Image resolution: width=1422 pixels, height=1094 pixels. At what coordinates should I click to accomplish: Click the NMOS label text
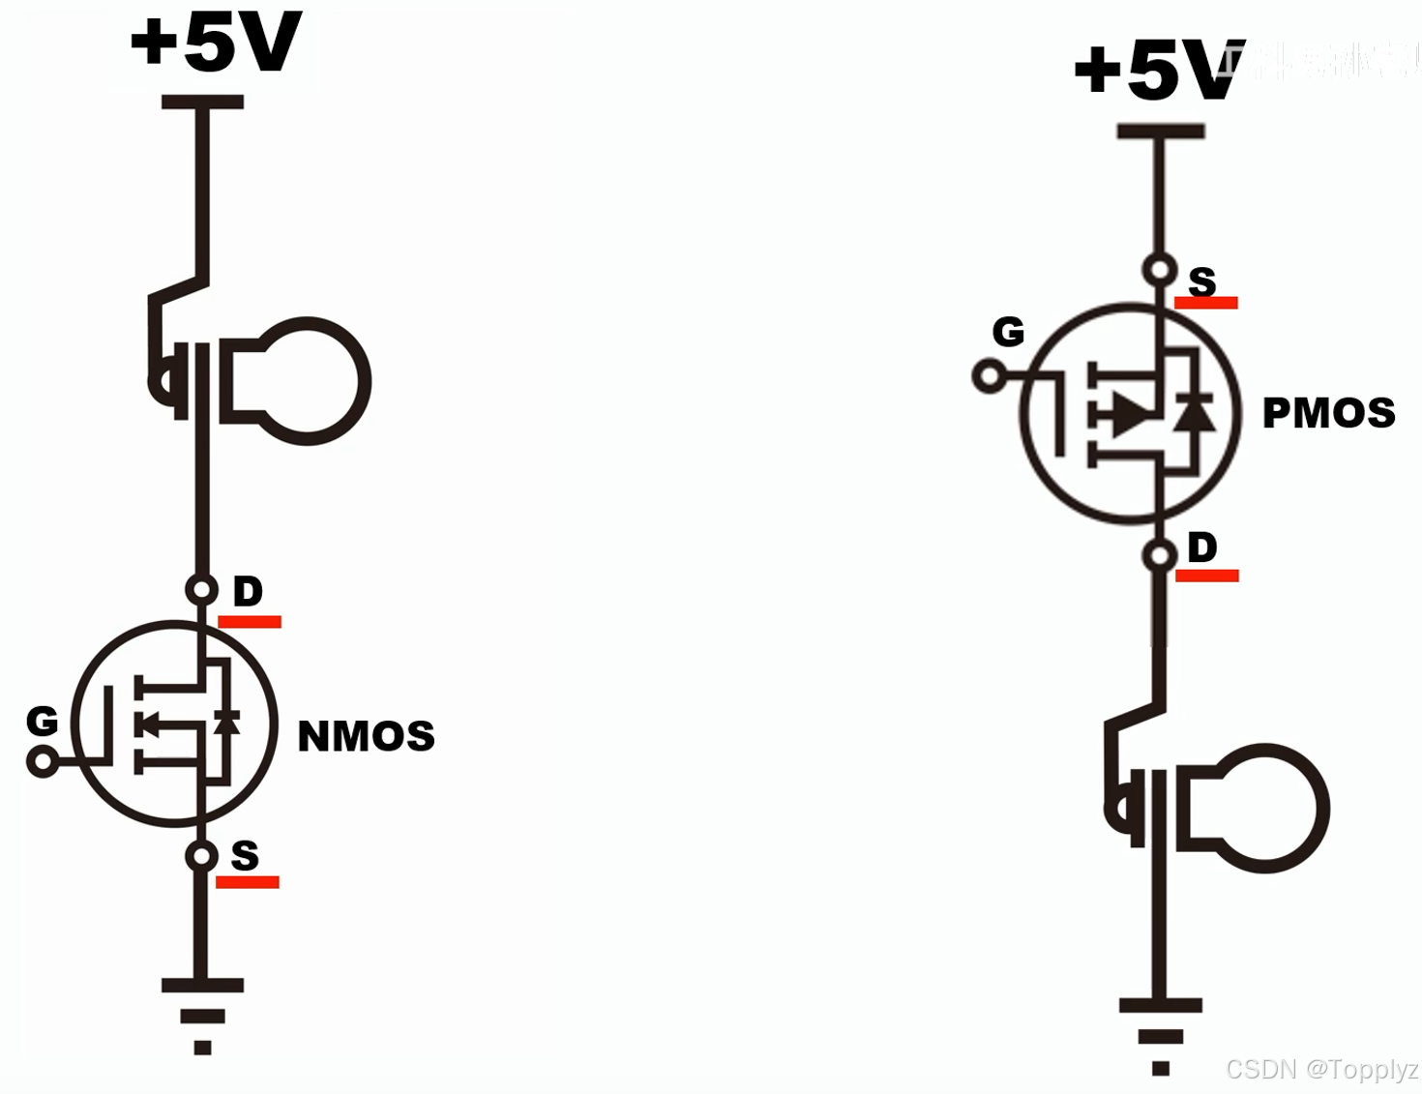pos(366,736)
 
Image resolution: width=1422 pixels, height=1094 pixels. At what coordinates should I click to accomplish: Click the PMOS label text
pos(1328,413)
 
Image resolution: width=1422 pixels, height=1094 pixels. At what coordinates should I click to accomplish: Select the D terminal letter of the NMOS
pos(248,591)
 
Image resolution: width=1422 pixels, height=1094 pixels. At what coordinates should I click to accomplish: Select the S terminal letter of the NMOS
pos(245,855)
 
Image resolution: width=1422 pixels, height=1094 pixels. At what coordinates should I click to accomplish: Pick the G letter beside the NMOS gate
pos(42,721)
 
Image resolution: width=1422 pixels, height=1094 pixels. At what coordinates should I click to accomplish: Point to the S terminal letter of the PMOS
pos(1202,281)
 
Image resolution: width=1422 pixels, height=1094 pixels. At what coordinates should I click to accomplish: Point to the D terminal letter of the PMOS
pos(1202,547)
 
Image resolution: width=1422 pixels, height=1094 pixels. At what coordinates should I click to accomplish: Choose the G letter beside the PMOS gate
pos(1008,332)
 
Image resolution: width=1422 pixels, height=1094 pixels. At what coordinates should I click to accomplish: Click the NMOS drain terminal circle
pos(201,589)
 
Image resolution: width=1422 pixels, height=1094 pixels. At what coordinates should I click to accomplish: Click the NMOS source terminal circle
pos(201,856)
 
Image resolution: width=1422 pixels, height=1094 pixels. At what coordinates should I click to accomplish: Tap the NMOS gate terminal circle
pos(42,761)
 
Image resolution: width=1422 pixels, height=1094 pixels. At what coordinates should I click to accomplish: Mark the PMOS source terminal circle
pos(1159,269)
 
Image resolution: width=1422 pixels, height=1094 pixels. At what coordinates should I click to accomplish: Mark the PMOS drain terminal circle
pos(1159,555)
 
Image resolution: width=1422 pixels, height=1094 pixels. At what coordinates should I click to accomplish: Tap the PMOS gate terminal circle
pos(989,375)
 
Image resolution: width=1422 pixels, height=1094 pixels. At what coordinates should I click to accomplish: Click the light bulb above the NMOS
pos(290,381)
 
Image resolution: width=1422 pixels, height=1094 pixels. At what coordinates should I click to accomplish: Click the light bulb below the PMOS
pos(1248,809)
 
